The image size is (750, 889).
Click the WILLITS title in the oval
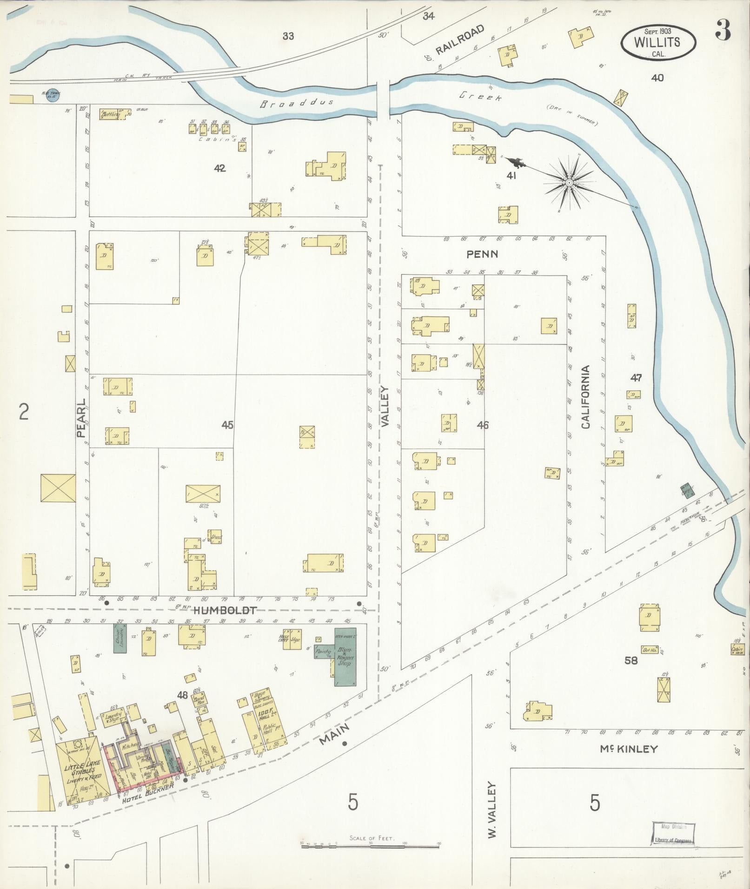(657, 42)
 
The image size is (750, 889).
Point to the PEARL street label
(81, 417)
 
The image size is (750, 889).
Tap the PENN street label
(483, 254)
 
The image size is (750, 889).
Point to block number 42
(219, 168)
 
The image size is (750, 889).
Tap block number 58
(631, 660)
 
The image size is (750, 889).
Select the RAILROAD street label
(460, 40)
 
